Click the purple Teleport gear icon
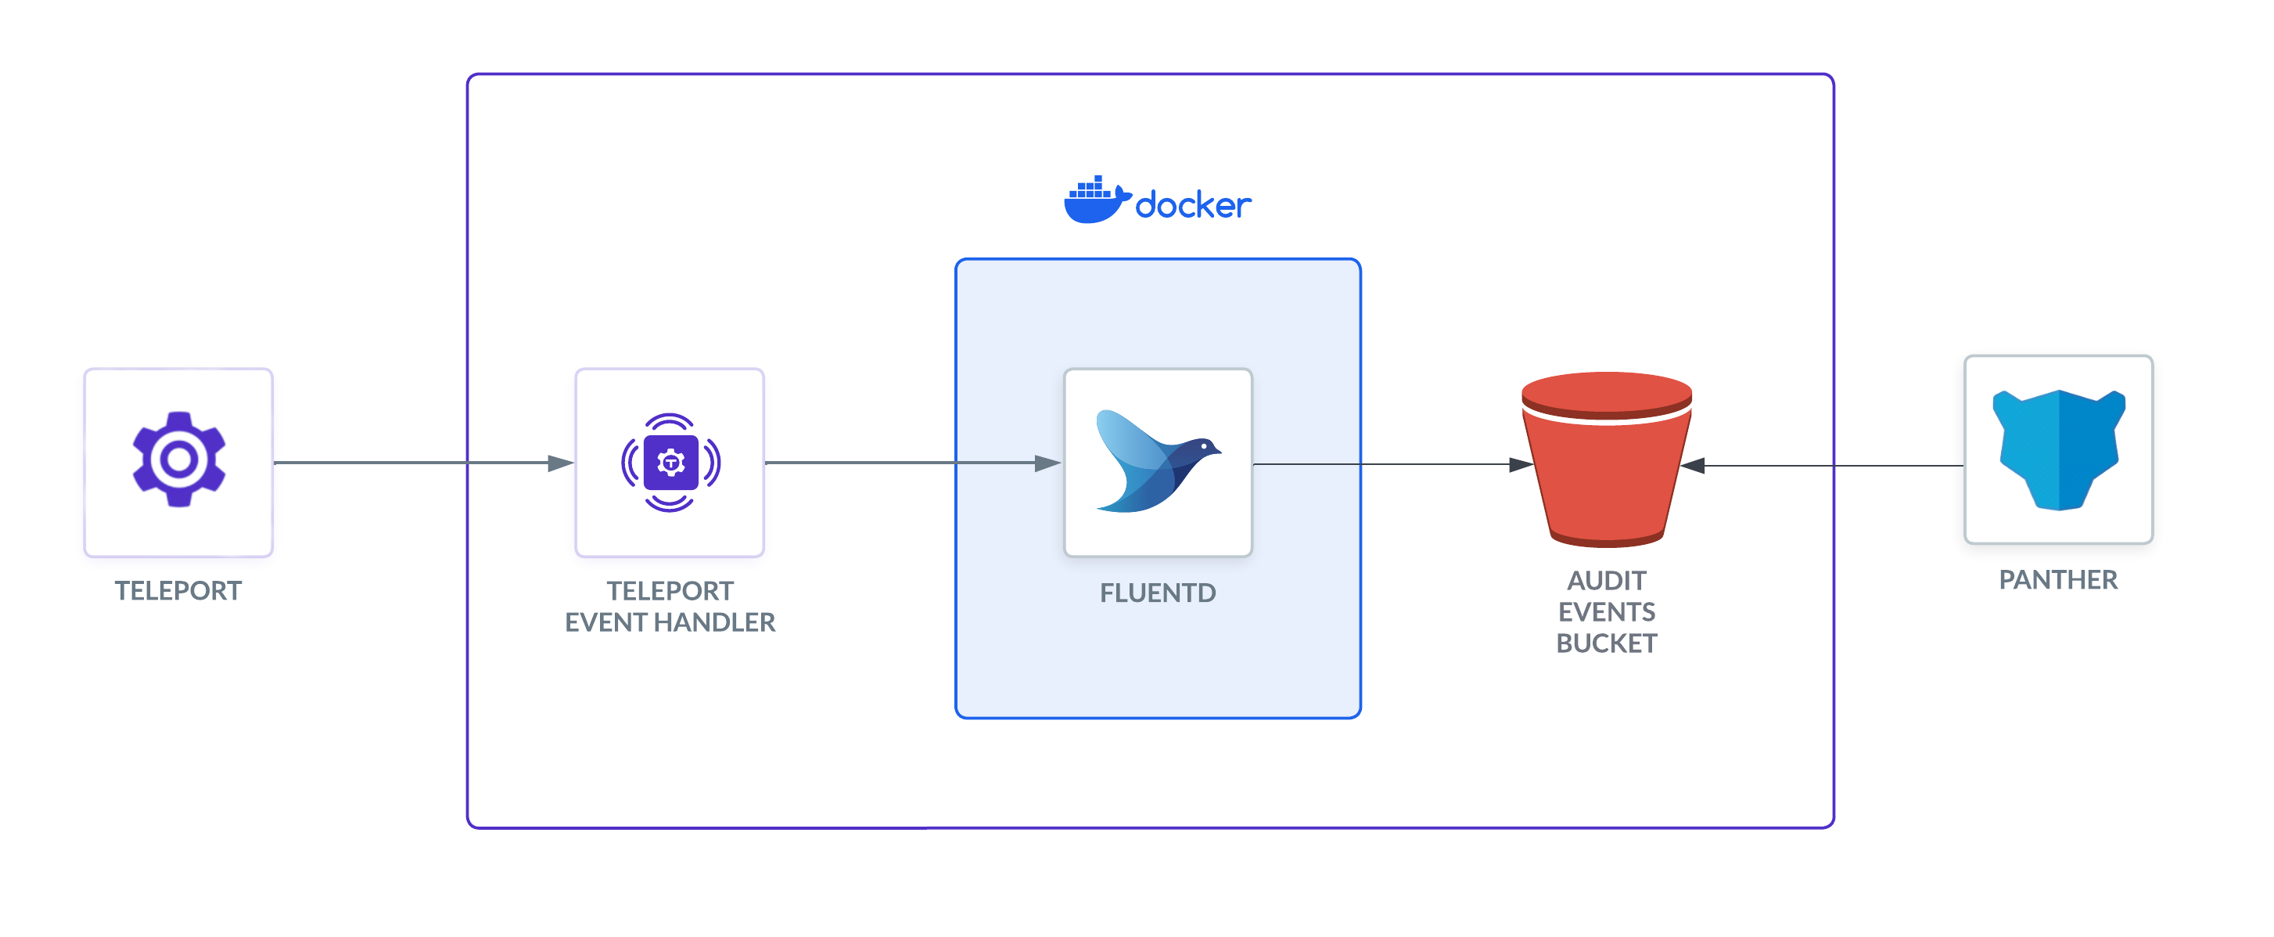pos(178,459)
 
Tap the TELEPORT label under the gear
pos(178,591)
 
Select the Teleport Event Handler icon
pos(670,462)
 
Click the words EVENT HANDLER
pos(670,622)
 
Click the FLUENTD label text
pos(1157,593)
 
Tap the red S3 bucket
pos(1606,459)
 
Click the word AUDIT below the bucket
pos(1606,580)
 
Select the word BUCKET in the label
pos(1606,643)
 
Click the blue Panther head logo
pos(2058,449)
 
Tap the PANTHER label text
pos(2058,580)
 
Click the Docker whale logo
pos(1095,200)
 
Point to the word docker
pos(1193,206)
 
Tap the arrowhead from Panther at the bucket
pos(1693,466)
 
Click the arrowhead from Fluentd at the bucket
pos(1520,464)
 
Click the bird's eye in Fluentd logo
pos(1204,446)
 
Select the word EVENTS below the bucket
pos(1606,612)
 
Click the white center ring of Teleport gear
pos(178,459)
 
